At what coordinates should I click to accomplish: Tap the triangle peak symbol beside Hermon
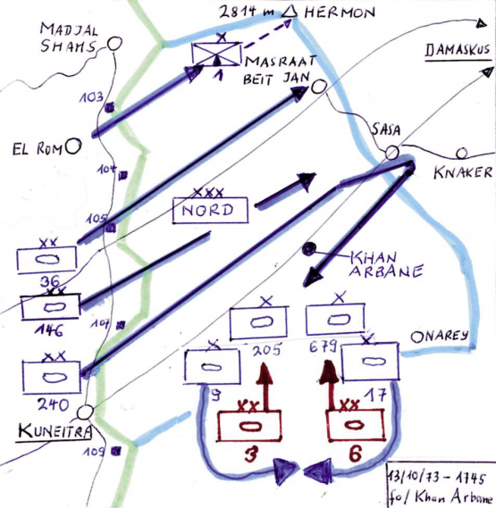coord(289,12)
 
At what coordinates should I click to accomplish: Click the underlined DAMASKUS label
coord(457,52)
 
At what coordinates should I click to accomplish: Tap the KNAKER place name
coord(464,173)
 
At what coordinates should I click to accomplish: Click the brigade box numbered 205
coord(261,322)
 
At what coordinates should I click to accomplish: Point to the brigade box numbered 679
coord(335,320)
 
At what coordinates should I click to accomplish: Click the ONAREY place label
coord(440,336)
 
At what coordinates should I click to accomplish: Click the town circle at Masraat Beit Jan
coord(317,90)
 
